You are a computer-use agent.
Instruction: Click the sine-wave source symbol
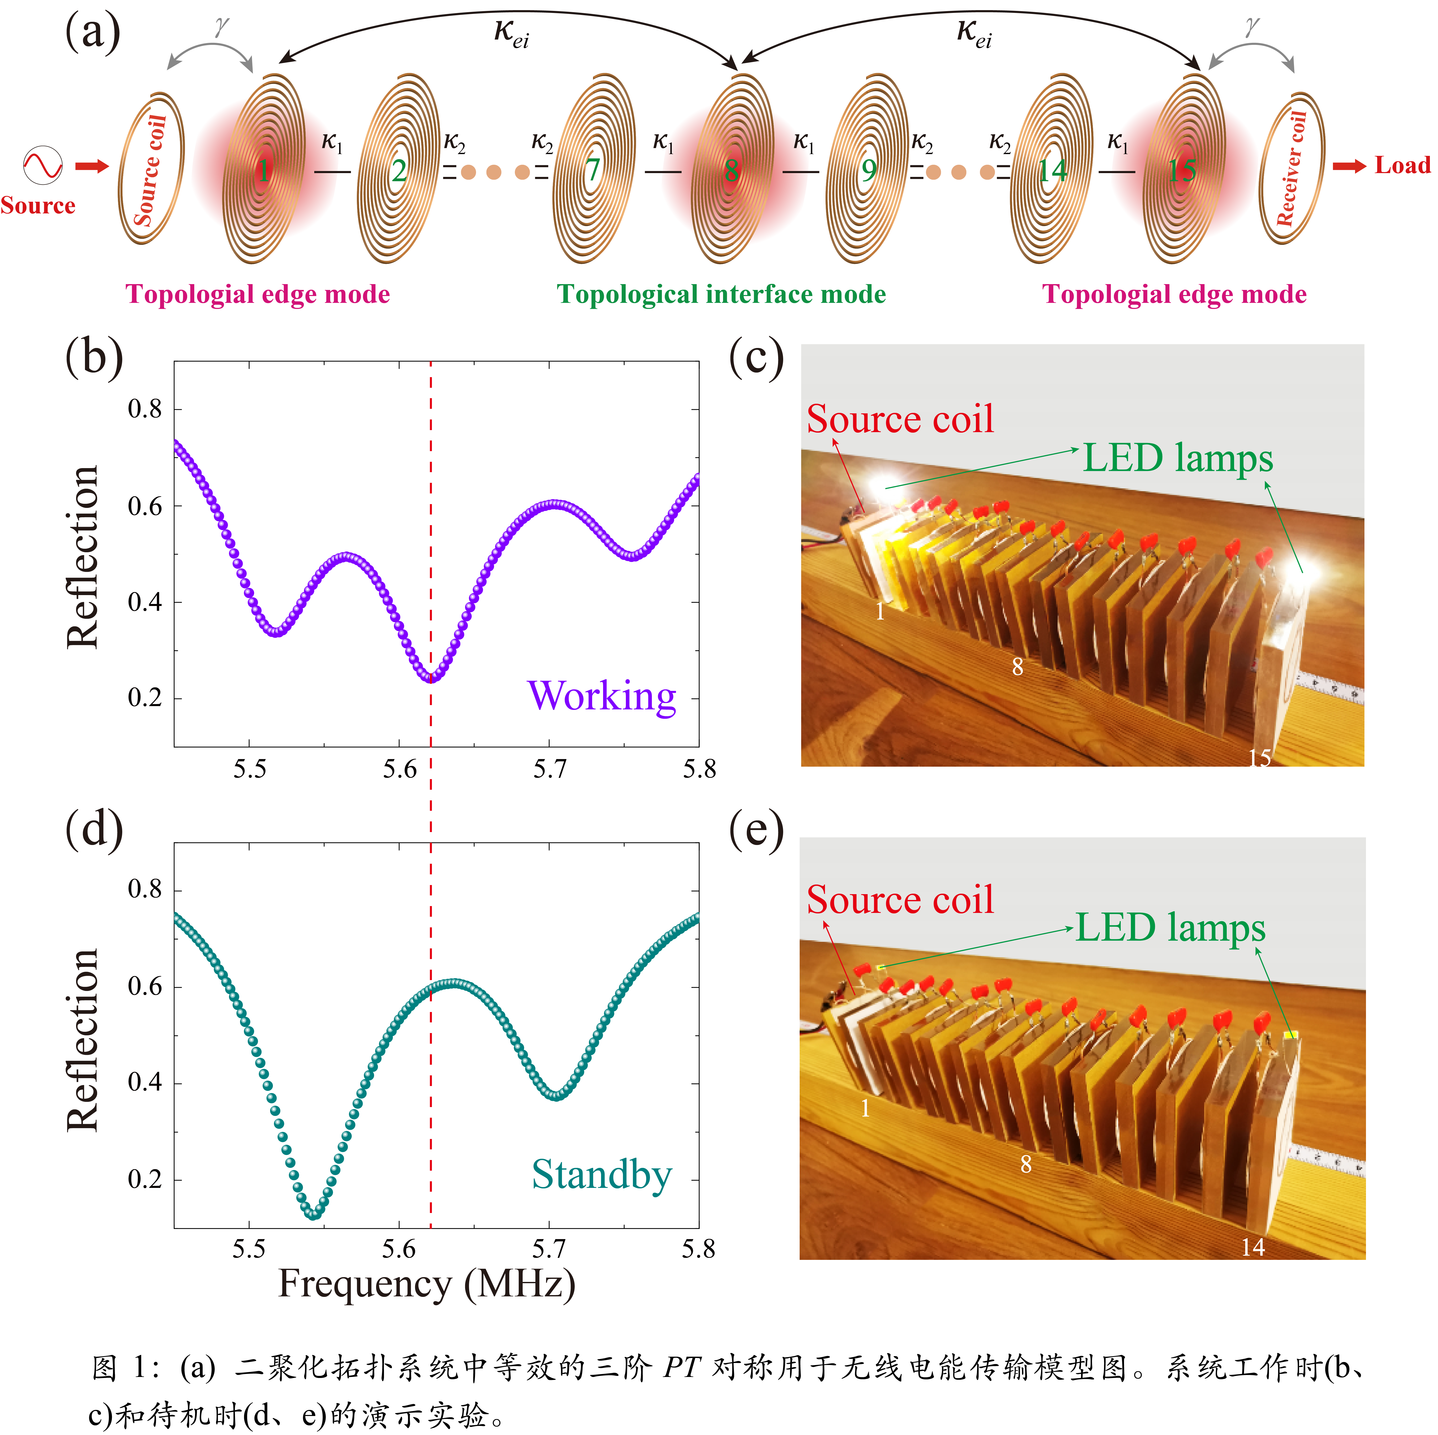42,165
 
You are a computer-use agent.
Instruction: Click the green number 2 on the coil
399,171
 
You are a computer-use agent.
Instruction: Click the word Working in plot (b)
601,696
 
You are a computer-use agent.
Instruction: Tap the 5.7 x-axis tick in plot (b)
549,768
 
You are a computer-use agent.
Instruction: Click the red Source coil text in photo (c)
900,419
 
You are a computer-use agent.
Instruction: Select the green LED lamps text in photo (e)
1170,928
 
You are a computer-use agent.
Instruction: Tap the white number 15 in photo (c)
1259,757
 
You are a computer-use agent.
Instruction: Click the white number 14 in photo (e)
1253,1247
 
